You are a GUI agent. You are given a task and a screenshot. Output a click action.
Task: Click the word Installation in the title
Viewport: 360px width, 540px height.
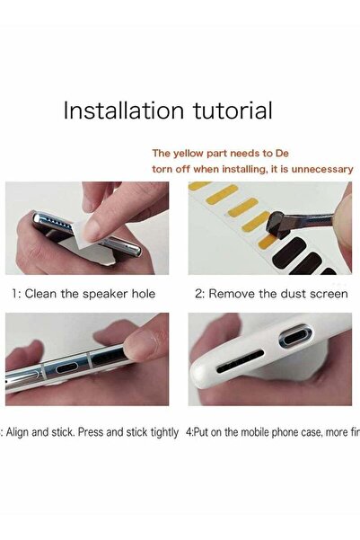[112, 111]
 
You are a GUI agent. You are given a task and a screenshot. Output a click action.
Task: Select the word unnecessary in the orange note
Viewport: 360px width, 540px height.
[323, 169]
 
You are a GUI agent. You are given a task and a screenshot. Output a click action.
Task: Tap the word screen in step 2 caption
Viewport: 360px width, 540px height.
[328, 293]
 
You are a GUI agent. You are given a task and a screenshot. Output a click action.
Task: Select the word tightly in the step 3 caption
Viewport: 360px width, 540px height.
[162, 431]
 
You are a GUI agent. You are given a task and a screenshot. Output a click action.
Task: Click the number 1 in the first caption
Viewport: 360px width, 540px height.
[14, 293]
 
